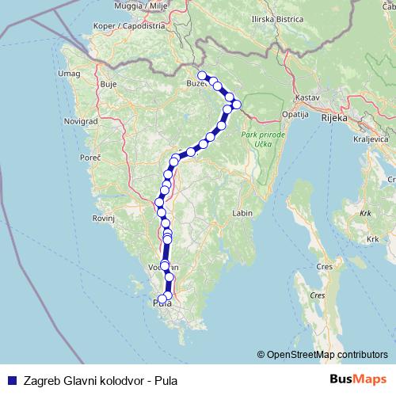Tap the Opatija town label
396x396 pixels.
click(295, 114)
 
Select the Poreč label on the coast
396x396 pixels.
click(90, 158)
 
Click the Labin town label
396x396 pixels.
click(242, 214)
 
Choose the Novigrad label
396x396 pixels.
click(80, 122)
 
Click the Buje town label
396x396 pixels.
click(109, 83)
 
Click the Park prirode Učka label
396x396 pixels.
click(259, 139)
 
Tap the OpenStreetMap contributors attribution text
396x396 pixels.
click(322, 355)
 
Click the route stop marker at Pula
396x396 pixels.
click(162, 299)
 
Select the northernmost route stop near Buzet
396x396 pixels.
click(202, 76)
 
